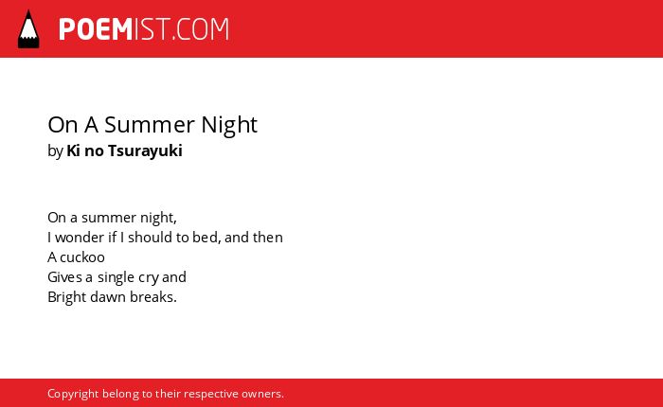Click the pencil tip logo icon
coord(28,29)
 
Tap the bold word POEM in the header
coord(96,29)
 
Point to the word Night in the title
coord(229,125)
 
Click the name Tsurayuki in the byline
coord(145,150)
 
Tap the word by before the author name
coord(55,151)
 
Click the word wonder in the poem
coord(80,237)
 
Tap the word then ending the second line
coord(268,237)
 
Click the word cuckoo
coord(82,257)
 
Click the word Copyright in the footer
coord(73,394)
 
